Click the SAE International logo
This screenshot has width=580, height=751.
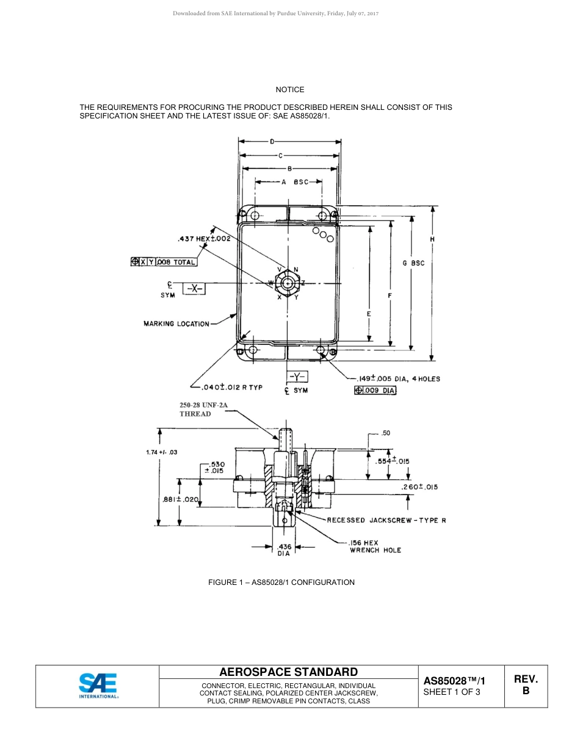pyautogui.click(x=98, y=686)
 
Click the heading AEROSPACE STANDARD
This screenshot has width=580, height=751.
pyautogui.click(x=288, y=672)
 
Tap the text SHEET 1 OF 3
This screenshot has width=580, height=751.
pyautogui.click(x=452, y=692)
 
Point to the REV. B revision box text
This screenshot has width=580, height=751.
pyautogui.click(x=526, y=685)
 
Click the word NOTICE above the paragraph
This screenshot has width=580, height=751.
pyautogui.click(x=289, y=90)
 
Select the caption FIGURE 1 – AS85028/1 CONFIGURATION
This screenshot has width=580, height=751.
pyautogui.click(x=281, y=582)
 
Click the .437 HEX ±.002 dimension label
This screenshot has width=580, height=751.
pyautogui.click(x=203, y=239)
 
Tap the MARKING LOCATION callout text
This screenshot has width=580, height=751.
pyautogui.click(x=176, y=324)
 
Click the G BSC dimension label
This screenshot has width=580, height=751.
pyautogui.click(x=413, y=263)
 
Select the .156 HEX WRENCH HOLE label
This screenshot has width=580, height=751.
pyautogui.click(x=375, y=546)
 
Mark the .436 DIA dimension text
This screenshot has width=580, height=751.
pyautogui.click(x=285, y=550)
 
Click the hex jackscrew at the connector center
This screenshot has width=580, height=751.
pyautogui.click(x=287, y=283)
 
